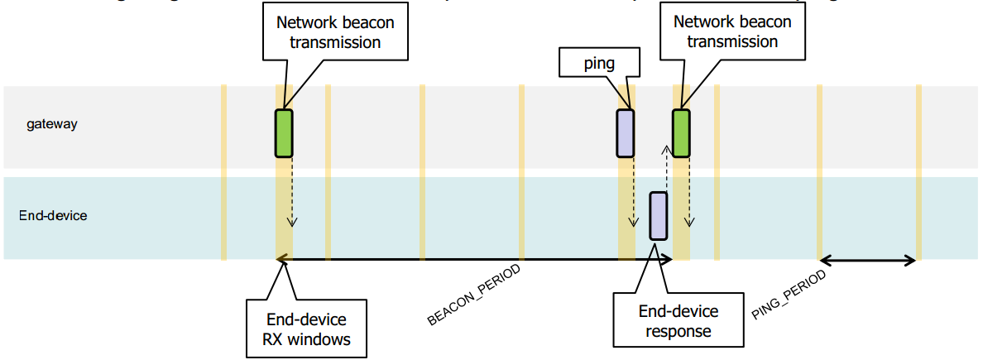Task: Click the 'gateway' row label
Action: pyautogui.click(x=51, y=124)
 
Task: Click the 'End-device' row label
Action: pyautogui.click(x=53, y=216)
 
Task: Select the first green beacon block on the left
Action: pyautogui.click(x=284, y=132)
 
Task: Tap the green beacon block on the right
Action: pyautogui.click(x=681, y=132)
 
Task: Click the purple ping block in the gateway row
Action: pyautogui.click(x=625, y=132)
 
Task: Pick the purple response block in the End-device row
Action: pyautogui.click(x=659, y=215)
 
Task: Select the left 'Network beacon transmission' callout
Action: pyautogui.click(x=335, y=32)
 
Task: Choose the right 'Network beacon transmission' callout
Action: pyautogui.click(x=732, y=32)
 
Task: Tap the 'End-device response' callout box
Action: pyautogui.click(x=679, y=321)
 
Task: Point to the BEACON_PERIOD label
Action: pyautogui.click(x=474, y=295)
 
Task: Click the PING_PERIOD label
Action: pyautogui.click(x=789, y=295)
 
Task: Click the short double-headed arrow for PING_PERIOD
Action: pyautogui.click(x=868, y=261)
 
